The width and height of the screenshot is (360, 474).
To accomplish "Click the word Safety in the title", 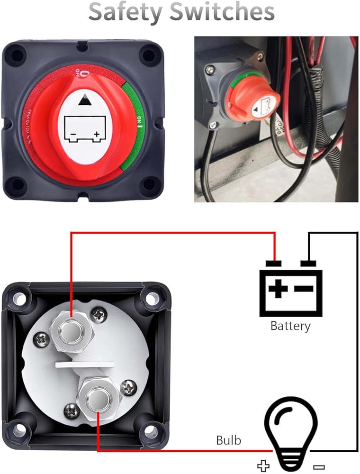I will pyautogui.click(x=125, y=13).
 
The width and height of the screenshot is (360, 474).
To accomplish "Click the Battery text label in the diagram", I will pyautogui.click(x=290, y=326).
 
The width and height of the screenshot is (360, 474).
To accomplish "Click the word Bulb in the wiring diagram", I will pyautogui.click(x=229, y=440).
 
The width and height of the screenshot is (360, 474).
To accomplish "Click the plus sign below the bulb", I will pyautogui.click(x=263, y=464).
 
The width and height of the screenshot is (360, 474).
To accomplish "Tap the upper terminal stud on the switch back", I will pyautogui.click(x=72, y=328).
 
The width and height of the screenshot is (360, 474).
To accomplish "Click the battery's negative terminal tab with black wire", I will pyautogui.click(x=308, y=263).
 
